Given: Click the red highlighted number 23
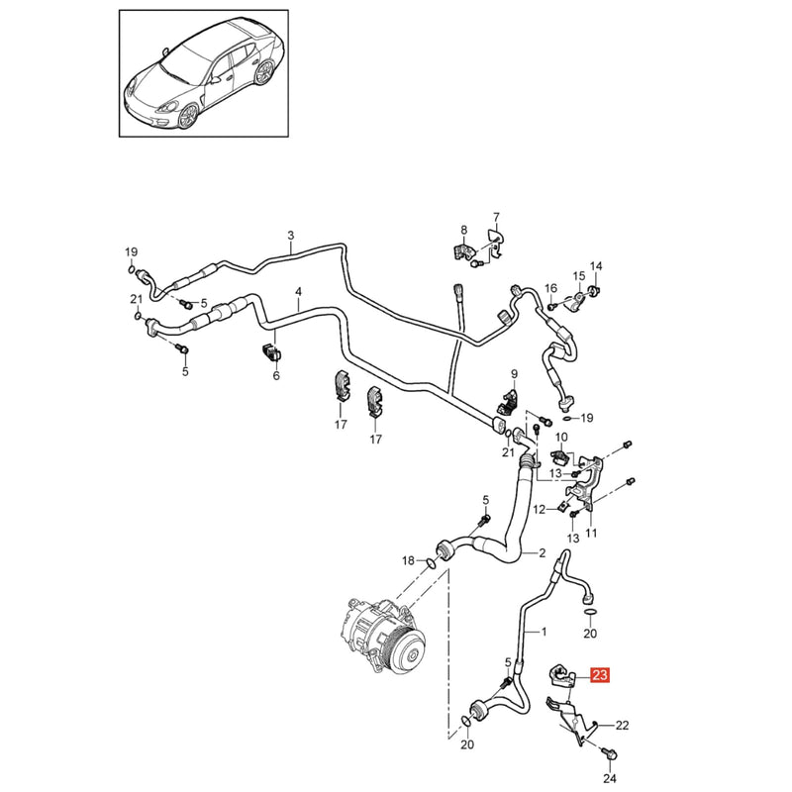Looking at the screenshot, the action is [x=600, y=675].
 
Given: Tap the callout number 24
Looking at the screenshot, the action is [x=610, y=778].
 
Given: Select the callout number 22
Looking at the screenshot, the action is [x=622, y=726].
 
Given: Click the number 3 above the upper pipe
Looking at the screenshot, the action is [x=290, y=235].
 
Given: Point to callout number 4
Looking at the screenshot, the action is [x=299, y=292].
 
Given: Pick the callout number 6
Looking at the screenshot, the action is [x=276, y=376].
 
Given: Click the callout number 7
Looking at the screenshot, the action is [x=496, y=217].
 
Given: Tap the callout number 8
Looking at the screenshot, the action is [x=464, y=231].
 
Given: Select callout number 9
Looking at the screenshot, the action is [x=514, y=374].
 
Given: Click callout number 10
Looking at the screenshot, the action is [x=561, y=437].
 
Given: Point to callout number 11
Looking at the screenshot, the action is [x=591, y=533].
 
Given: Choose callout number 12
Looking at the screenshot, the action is [x=540, y=510].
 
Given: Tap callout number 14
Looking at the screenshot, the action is [x=596, y=266].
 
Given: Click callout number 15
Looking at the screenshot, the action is [x=579, y=276].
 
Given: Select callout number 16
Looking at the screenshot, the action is [x=551, y=288].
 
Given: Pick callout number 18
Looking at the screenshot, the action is [x=408, y=560].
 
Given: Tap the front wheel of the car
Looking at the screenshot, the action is [x=187, y=116].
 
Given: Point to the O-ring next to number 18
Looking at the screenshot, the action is [x=431, y=563].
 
